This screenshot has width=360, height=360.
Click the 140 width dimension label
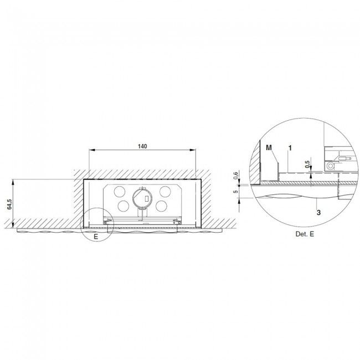(x=142, y=146)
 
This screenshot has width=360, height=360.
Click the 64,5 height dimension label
(x=9, y=204)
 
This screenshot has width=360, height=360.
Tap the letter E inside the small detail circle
(x=96, y=236)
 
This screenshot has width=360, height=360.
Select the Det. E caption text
(x=305, y=234)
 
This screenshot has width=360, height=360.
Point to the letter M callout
(x=269, y=148)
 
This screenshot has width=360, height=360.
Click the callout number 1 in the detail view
(x=290, y=148)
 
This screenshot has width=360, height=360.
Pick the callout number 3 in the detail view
(x=318, y=213)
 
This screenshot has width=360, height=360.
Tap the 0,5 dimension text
(x=307, y=164)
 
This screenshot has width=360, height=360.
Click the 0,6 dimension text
(x=235, y=175)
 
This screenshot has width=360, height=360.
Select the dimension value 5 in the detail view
(x=235, y=191)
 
